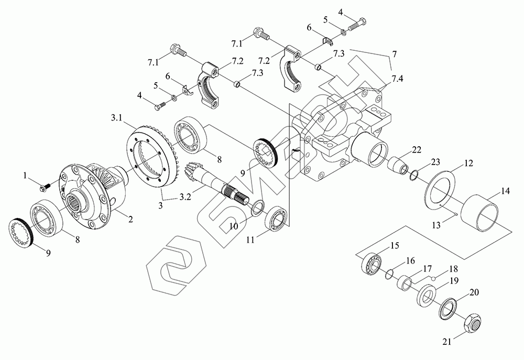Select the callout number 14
(505, 192)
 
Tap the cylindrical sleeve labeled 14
(486, 212)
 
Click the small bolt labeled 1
(45, 183)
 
